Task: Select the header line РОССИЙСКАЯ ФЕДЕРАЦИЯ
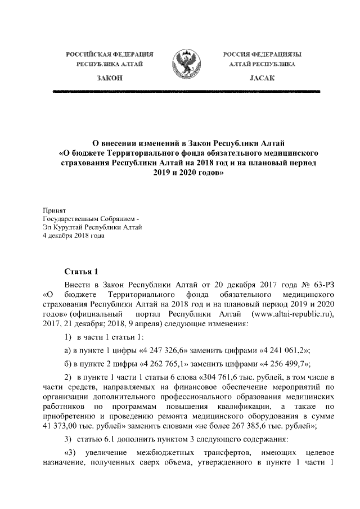110,55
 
